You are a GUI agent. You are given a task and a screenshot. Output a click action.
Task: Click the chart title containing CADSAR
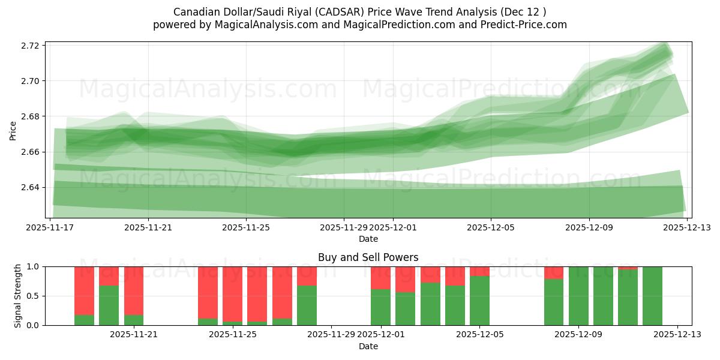click(359, 11)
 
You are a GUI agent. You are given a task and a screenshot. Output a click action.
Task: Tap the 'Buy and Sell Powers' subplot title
click(368, 257)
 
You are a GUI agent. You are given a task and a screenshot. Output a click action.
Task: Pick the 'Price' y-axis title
click(13, 130)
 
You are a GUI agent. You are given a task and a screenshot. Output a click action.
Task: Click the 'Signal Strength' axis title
click(18, 296)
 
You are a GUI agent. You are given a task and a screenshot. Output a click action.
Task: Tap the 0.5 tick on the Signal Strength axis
click(34, 296)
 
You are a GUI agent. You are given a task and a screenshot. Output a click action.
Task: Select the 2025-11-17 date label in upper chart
click(50, 227)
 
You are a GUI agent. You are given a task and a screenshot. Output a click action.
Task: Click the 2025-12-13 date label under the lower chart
click(677, 334)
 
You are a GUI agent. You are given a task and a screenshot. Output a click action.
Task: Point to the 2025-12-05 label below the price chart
click(491, 227)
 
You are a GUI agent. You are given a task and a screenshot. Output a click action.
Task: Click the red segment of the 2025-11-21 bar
click(134, 282)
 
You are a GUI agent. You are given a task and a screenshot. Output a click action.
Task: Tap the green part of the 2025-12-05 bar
click(479, 301)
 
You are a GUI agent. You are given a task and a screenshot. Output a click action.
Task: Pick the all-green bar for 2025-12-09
click(578, 296)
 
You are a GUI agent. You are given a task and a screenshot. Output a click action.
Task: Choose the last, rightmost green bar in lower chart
click(652, 296)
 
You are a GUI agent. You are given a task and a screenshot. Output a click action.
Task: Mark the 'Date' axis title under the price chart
click(368, 239)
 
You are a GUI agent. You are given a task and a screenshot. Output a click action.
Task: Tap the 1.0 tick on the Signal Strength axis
click(34, 266)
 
